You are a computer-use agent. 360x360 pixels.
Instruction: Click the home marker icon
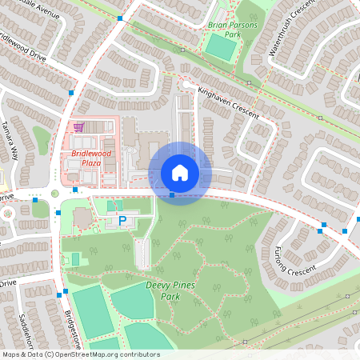point(180,173)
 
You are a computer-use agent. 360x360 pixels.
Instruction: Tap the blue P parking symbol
point(122,220)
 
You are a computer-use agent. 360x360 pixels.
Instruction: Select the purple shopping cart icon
point(78,126)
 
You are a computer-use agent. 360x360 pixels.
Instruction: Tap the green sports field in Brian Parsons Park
point(220,46)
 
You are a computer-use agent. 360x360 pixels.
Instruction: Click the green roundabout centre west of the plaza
point(55,193)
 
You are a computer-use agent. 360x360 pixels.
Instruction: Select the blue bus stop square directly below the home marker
point(172,194)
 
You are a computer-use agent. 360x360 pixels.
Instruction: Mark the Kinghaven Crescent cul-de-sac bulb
point(187,84)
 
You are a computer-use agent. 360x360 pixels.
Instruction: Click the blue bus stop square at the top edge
point(119,18)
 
